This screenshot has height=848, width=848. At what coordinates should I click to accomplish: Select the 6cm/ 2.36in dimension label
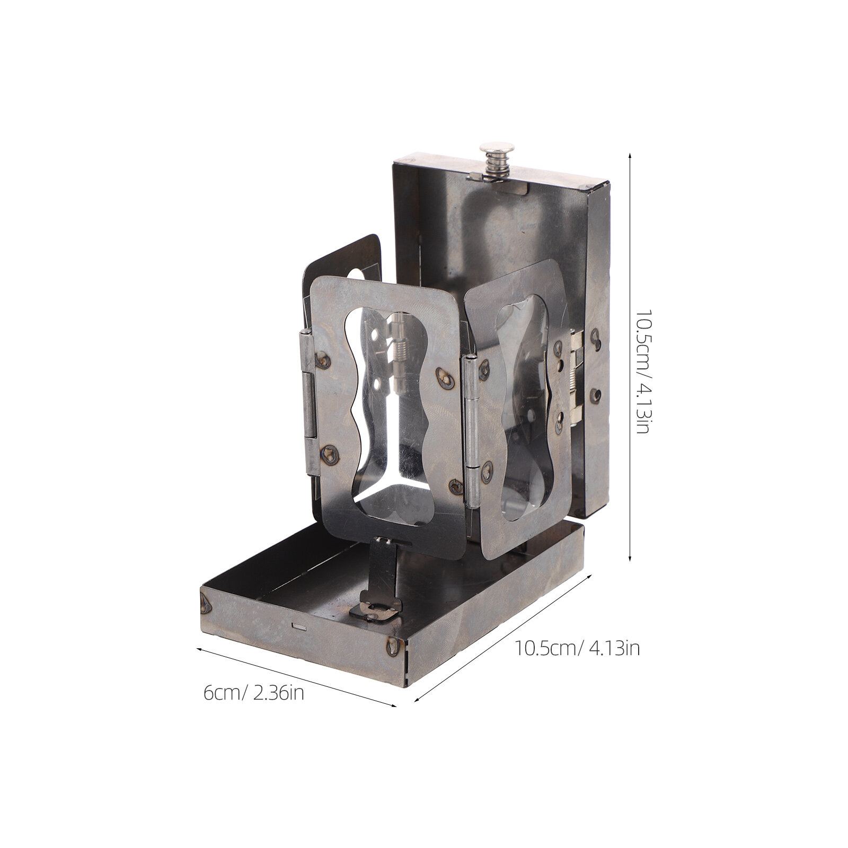pos(254,693)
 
